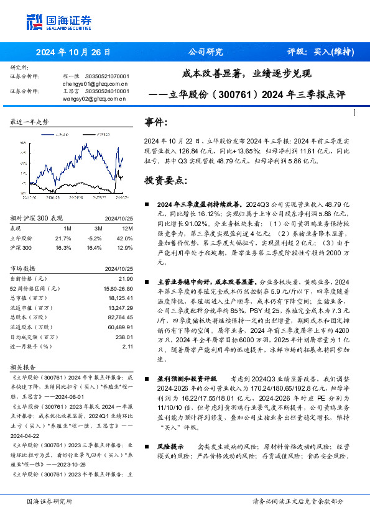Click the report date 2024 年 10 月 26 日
pos(73,52)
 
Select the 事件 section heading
pos(155,122)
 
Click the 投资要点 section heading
pos(165,180)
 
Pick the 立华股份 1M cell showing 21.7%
pos(63,238)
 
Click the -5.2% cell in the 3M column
pos(94,238)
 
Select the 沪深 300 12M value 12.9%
pos(126,247)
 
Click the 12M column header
pos(127,229)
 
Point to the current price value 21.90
pos(127,278)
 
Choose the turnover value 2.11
pos(128,347)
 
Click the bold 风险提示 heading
pos(170,447)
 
